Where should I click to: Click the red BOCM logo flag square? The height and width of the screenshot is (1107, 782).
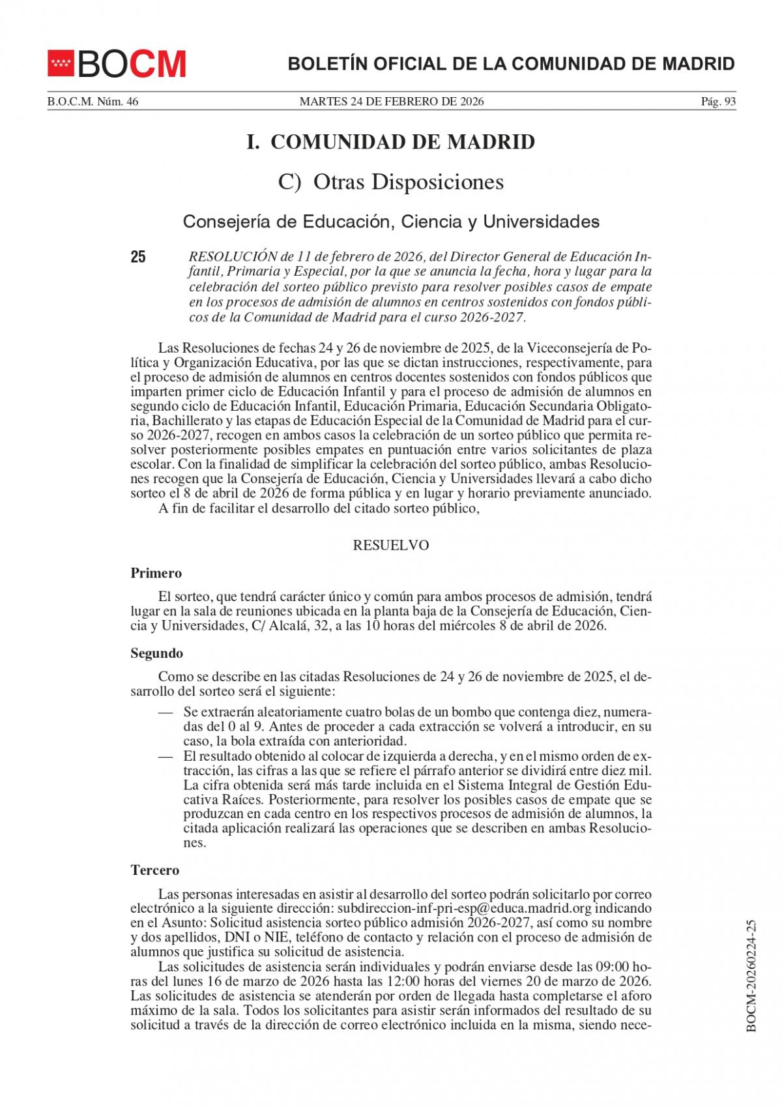[61, 64]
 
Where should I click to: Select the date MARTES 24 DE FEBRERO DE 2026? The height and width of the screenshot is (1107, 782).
[391, 101]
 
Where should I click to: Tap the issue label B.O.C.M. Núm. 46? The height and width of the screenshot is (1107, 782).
[93, 101]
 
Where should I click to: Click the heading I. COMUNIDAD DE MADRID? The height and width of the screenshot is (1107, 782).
[390, 142]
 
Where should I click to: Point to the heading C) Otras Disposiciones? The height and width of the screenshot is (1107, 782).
[390, 182]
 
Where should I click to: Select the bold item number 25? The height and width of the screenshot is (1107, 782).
[138, 257]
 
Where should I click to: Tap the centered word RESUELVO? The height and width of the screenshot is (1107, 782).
[391, 546]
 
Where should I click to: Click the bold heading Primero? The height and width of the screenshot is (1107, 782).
[156, 574]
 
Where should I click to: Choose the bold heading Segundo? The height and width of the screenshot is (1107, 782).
[157, 653]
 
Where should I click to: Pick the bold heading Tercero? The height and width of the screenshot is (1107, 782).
[155, 870]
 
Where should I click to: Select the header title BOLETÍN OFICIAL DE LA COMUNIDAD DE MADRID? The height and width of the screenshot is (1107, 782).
[511, 64]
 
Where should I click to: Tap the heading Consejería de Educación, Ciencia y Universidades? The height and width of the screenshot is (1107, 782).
[391, 222]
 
